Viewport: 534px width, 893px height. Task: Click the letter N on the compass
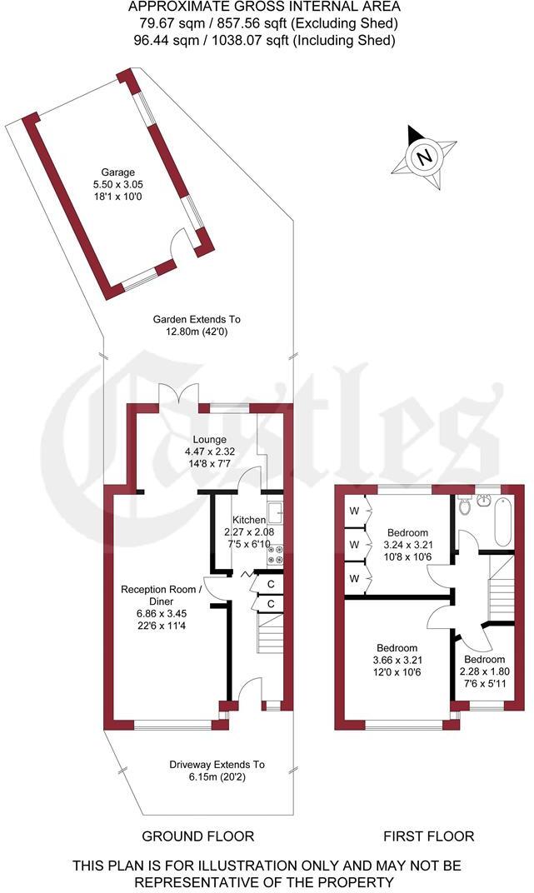(425, 157)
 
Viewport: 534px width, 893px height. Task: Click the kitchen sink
(275, 510)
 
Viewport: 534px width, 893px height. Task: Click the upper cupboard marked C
(271, 585)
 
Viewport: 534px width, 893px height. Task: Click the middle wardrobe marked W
(353, 544)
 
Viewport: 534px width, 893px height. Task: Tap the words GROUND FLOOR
(197, 836)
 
